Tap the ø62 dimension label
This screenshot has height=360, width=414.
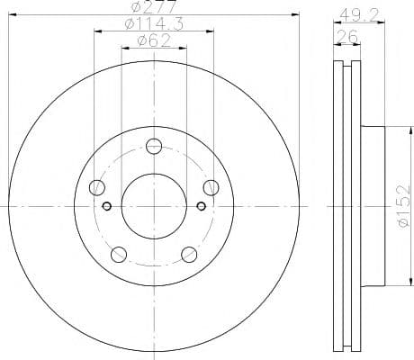point(155,40)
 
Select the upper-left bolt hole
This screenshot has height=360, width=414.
point(98,187)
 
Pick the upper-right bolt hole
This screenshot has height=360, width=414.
point(211,187)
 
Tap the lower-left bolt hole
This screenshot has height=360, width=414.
point(120,254)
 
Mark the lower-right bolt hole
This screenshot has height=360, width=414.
point(190,254)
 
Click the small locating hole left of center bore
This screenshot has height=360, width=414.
point(108,206)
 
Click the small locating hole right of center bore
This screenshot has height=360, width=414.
point(202,206)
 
